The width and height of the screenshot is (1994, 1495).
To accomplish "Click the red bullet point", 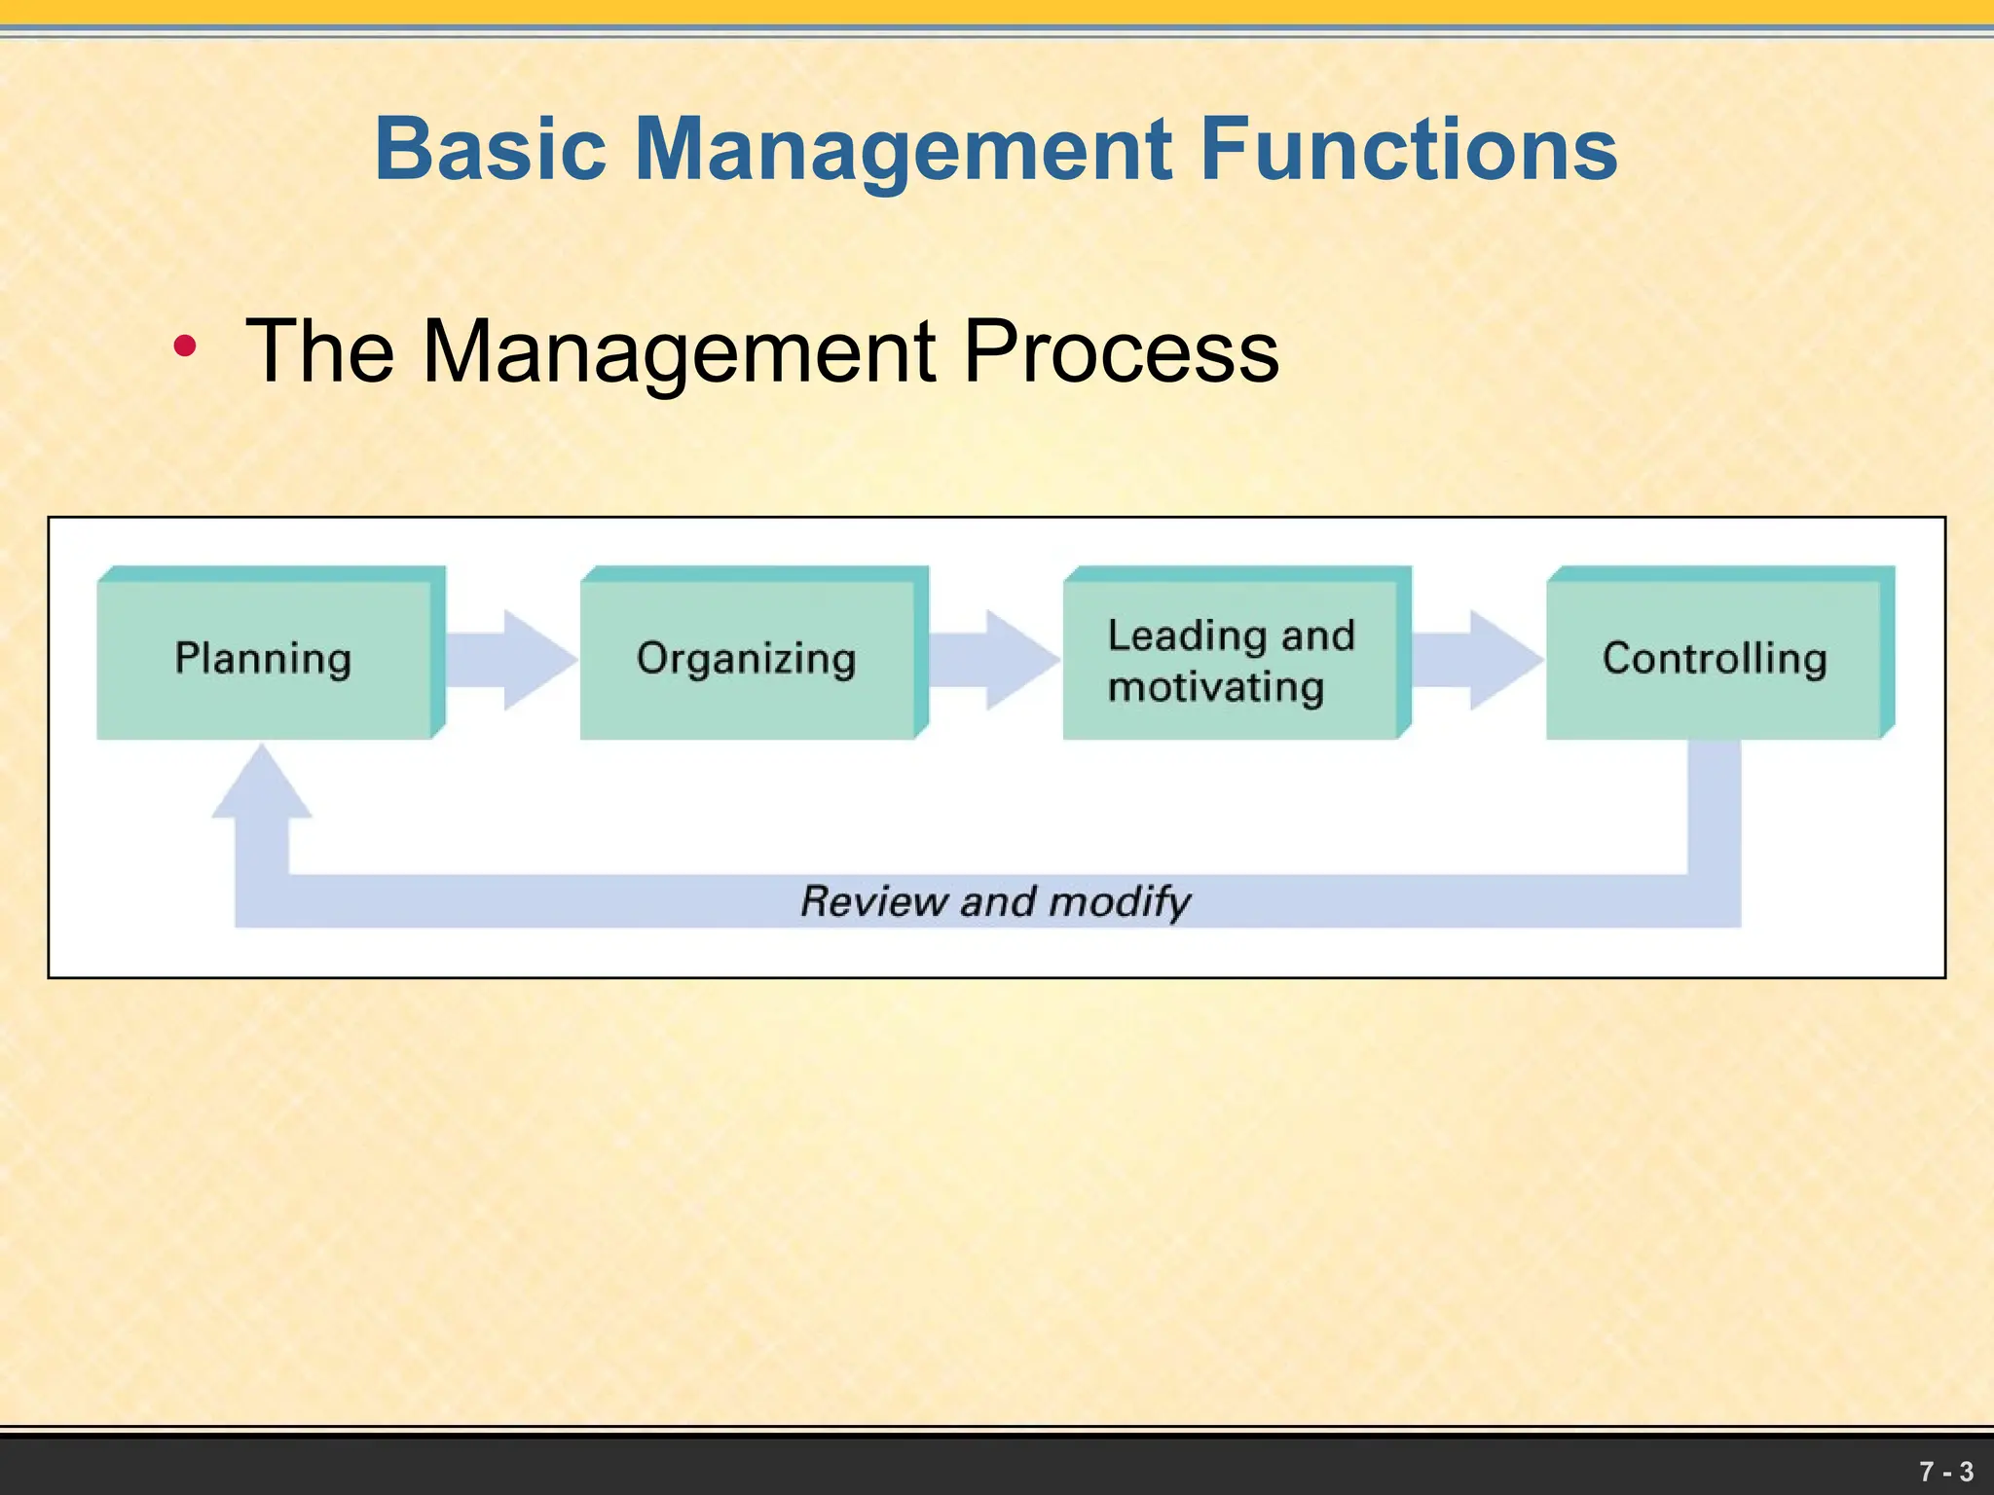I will point(184,346).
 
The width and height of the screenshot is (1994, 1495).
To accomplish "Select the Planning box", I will point(264,659).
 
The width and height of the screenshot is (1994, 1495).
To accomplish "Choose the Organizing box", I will point(747,659).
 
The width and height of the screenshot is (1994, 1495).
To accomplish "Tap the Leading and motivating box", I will point(1231,659).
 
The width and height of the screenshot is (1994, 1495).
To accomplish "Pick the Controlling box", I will point(1714,659).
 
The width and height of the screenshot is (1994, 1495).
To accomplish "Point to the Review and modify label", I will point(995,900).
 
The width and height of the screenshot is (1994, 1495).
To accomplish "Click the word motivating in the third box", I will point(1216,687).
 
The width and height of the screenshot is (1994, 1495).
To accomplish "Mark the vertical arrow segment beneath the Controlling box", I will point(1714,808).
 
